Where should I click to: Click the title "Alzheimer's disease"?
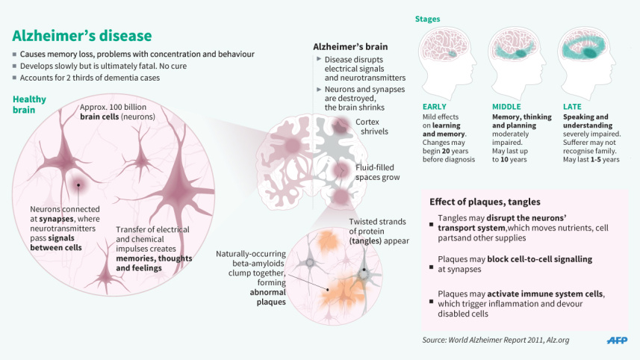click(x=82, y=35)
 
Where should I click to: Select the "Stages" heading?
click(x=427, y=19)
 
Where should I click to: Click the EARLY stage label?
click(x=434, y=107)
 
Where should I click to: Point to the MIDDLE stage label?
click(x=506, y=107)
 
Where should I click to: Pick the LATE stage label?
click(x=572, y=107)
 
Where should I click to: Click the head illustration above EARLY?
click(x=447, y=63)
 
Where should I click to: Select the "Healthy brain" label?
click(x=29, y=104)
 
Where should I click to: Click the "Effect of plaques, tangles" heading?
click(x=485, y=202)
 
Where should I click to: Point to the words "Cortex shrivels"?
click(x=371, y=126)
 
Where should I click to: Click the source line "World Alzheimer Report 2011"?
click(x=496, y=341)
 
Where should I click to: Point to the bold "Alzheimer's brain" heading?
click(x=349, y=47)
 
